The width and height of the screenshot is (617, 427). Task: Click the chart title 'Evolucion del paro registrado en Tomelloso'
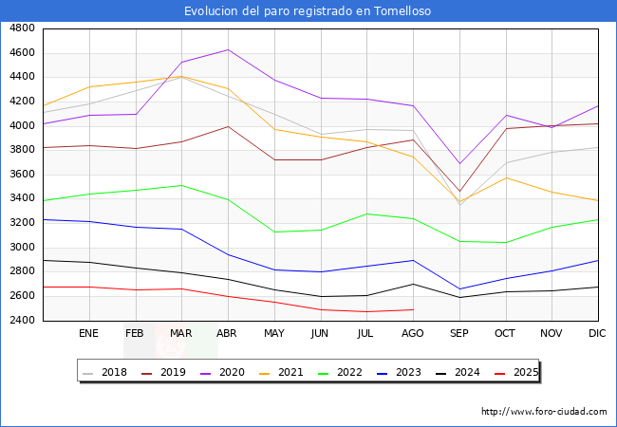point(308,11)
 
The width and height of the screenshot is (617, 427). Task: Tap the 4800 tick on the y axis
point(22,28)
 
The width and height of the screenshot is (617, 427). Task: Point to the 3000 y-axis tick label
point(22,248)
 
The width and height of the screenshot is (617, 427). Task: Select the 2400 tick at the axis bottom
point(22,321)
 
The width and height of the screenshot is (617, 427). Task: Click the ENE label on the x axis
point(88,334)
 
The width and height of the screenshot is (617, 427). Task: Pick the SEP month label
point(458,334)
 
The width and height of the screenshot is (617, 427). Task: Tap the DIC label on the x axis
point(597,334)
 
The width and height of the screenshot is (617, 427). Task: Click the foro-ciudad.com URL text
point(544,412)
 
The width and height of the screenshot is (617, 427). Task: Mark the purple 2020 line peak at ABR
point(228,49)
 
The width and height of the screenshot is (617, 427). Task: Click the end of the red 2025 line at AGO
point(413,309)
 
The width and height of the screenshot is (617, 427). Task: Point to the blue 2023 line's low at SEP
point(459,288)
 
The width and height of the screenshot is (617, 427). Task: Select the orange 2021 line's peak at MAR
point(181,76)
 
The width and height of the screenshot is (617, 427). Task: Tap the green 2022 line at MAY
point(274,232)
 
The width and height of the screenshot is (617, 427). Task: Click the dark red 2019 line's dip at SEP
point(459,191)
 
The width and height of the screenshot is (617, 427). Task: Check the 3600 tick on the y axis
point(22,175)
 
